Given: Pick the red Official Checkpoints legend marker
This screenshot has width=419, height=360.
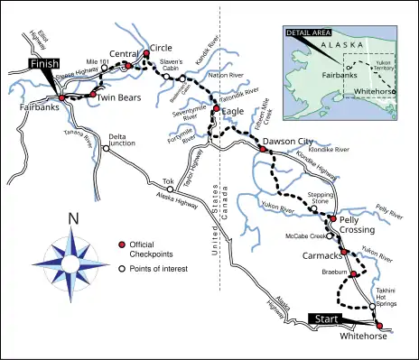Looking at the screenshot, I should pos(121,245).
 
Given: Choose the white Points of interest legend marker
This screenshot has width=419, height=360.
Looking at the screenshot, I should pos(121,268).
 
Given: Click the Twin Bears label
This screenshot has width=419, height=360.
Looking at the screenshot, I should pos(116,97).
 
